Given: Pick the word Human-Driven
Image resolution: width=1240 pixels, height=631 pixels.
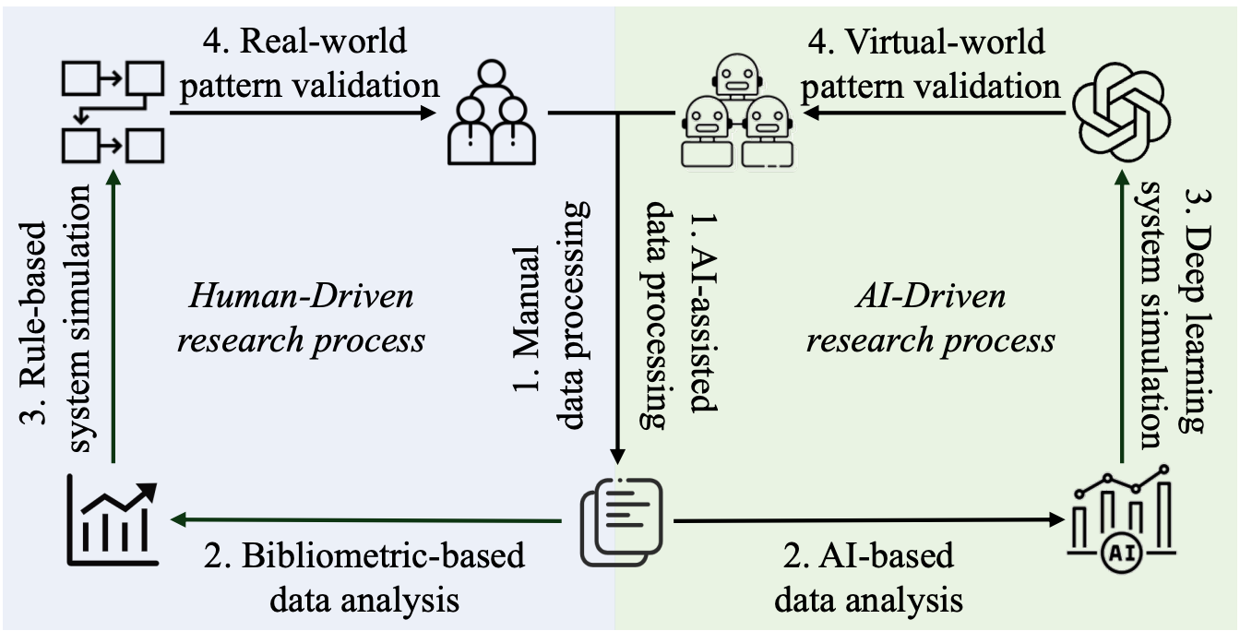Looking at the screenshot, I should (304, 299).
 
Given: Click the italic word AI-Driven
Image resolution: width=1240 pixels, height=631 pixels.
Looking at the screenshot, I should (931, 299).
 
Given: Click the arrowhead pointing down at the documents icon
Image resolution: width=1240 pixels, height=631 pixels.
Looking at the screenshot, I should (621, 455).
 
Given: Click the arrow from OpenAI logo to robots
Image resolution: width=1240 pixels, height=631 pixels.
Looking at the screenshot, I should (932, 113).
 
